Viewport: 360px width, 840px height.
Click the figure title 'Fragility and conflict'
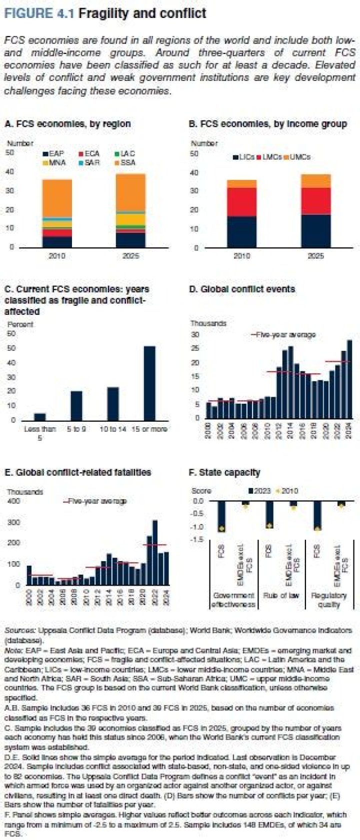tap(142, 13)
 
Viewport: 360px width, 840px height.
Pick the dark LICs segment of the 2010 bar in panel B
tap(242, 231)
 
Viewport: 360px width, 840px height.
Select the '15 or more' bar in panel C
tap(149, 383)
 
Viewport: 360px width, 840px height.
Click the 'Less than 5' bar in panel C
tap(39, 416)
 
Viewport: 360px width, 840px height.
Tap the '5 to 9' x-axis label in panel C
tap(76, 429)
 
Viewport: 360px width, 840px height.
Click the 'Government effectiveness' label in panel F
tap(233, 600)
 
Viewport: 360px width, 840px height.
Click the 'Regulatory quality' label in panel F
tap(328, 600)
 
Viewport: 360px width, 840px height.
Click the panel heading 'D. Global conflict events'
tap(242, 289)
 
